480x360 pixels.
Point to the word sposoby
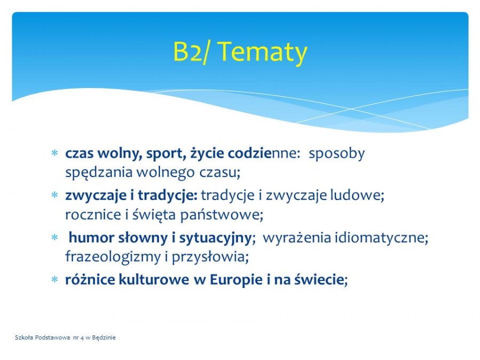pyautogui.click(x=337, y=154)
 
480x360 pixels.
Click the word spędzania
pyautogui.click(x=99, y=173)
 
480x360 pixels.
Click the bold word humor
pyautogui.click(x=91, y=238)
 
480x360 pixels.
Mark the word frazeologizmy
pyautogui.click(x=113, y=257)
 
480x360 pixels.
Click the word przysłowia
pyautogui.click(x=210, y=258)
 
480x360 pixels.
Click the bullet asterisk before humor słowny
pyautogui.click(x=55, y=237)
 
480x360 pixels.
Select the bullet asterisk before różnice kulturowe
pyautogui.click(x=55, y=279)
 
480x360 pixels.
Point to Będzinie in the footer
pyautogui.click(x=104, y=338)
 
